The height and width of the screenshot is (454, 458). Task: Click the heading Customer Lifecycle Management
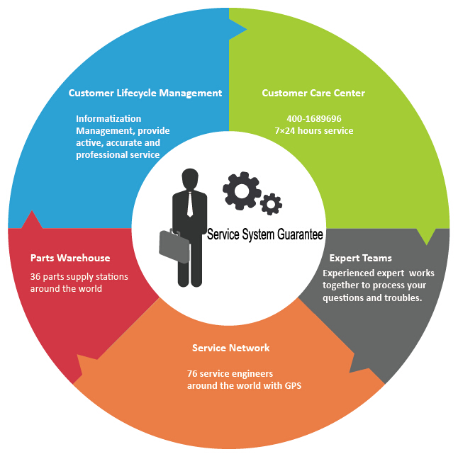point(145,93)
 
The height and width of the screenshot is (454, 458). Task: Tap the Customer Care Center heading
point(313,93)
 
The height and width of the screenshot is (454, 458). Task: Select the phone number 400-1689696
point(313,118)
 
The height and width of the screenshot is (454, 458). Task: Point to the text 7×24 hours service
point(313,130)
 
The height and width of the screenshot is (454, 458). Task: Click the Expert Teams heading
point(360,258)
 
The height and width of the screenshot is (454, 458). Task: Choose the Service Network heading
point(230,348)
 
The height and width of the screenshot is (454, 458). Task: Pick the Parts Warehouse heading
point(70,258)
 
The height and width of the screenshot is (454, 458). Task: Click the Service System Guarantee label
point(264,233)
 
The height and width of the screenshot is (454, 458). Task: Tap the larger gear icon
point(241,189)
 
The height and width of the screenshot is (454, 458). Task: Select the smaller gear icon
point(271,204)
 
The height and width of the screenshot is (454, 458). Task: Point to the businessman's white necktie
point(189,205)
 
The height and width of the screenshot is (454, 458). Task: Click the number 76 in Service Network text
point(192,373)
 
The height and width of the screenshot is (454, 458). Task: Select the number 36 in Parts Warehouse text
point(35,276)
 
